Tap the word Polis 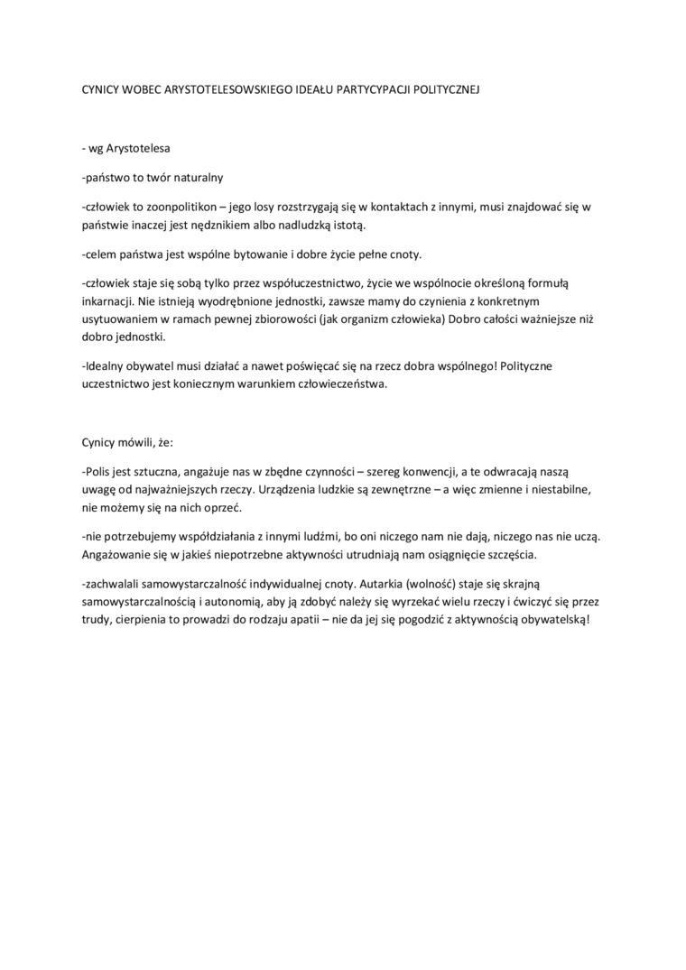[x=97, y=472]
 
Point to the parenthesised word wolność [x=428, y=583]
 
